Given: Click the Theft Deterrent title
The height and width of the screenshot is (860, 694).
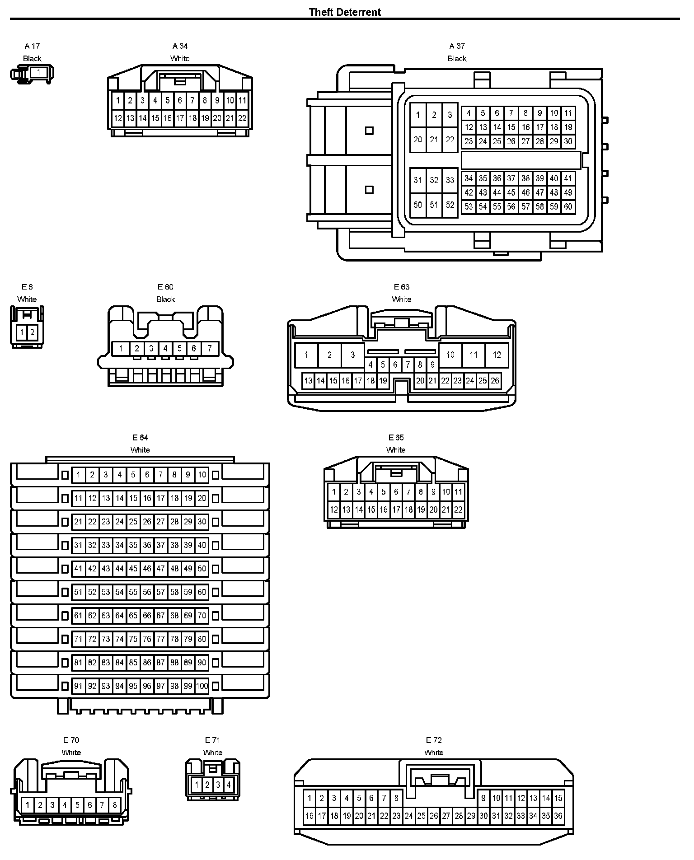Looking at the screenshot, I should tap(345, 12).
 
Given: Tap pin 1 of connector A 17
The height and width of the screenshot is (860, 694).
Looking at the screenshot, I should tap(38, 72).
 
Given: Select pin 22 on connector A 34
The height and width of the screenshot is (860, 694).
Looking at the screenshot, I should tap(242, 118).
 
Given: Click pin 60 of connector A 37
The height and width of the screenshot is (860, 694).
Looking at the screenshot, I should tap(568, 207).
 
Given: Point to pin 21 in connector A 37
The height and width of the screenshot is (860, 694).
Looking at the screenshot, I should tap(434, 140).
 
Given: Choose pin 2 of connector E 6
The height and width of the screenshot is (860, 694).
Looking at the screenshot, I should tap(32, 333).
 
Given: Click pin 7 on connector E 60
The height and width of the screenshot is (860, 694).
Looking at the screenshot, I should tap(210, 348).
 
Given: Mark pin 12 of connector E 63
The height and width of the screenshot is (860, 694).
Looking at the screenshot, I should tap(497, 355).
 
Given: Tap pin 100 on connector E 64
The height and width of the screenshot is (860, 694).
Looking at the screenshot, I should tap(202, 686).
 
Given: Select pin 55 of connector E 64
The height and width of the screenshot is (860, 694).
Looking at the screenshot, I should tap(133, 592).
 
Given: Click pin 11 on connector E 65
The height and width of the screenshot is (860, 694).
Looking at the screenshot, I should tap(458, 492).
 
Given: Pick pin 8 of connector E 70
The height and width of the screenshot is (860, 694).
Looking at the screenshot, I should tap(115, 805).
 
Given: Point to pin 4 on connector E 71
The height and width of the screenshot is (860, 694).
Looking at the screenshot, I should tap(229, 785).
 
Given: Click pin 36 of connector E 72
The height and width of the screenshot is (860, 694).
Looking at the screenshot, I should tap(558, 816).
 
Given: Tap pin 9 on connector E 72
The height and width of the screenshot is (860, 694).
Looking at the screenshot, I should tap(483, 798).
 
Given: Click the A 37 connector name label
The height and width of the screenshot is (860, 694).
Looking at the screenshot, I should tap(457, 46).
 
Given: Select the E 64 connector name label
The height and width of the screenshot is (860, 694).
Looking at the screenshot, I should tap(140, 437).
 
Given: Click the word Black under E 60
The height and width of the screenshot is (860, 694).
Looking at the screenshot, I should tap(165, 299).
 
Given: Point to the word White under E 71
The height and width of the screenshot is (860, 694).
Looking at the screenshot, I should tap(212, 752).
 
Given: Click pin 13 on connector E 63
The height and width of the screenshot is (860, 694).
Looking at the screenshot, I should tap(308, 381).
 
